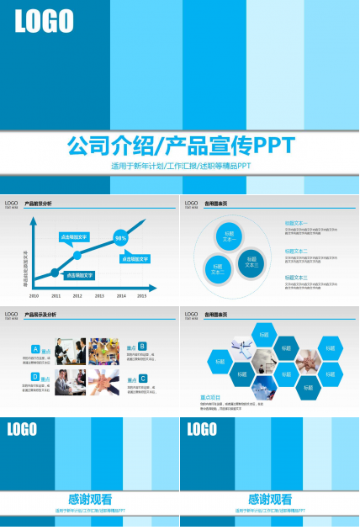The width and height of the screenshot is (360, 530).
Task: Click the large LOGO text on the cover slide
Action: click(x=44, y=22)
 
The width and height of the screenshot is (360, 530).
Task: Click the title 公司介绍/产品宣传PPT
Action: click(x=180, y=145)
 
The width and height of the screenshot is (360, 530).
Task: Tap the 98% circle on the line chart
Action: click(x=121, y=238)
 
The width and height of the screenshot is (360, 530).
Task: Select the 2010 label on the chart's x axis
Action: click(x=34, y=296)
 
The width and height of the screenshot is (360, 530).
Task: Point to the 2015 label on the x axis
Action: click(x=141, y=296)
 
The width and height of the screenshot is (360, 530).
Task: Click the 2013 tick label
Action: click(x=98, y=296)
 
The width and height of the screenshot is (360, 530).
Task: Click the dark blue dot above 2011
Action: click(x=56, y=273)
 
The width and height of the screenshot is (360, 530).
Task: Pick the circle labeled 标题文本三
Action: click(x=251, y=262)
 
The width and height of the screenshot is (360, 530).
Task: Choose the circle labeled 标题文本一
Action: click(x=230, y=236)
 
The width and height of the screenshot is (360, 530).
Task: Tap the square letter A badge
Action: click(x=34, y=348)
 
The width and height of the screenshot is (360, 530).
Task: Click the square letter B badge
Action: click(x=142, y=346)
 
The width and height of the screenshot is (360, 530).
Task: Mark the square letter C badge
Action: click(x=143, y=379)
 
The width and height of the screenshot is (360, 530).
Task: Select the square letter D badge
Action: click(x=34, y=377)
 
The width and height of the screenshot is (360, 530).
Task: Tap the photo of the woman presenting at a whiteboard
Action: click(x=71, y=381)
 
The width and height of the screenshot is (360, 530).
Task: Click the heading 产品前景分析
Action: click(x=38, y=204)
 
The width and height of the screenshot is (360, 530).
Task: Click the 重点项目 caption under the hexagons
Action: click(x=210, y=398)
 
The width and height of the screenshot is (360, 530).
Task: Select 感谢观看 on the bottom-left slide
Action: click(x=90, y=499)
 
